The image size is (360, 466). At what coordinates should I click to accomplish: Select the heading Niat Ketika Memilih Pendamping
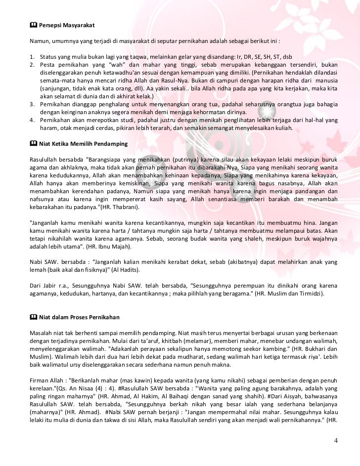pyautogui.click(x=83, y=144)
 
